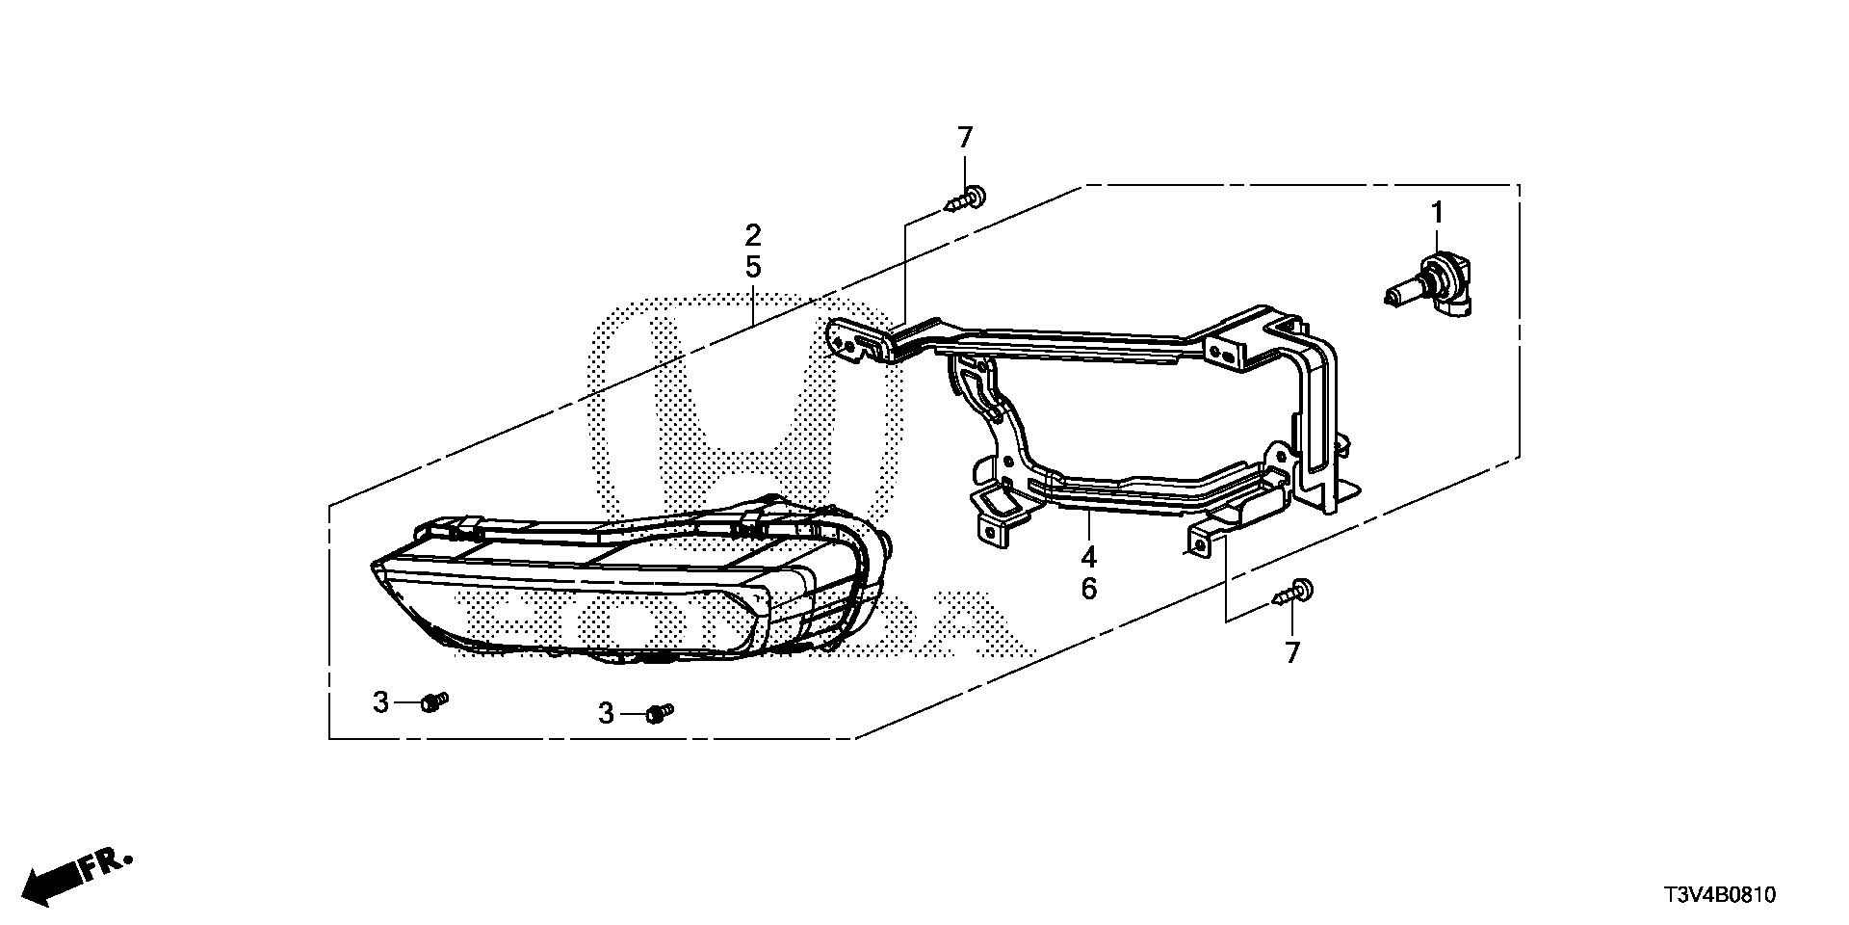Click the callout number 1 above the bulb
click(1436, 213)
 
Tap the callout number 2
click(753, 234)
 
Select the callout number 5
click(753, 267)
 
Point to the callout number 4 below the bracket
click(1088, 556)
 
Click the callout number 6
click(1088, 588)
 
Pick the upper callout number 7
click(965, 138)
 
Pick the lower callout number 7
click(1291, 652)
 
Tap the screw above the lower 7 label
click(1292, 591)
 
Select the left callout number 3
click(380, 702)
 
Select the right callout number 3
click(606, 714)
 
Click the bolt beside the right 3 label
click(660, 713)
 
